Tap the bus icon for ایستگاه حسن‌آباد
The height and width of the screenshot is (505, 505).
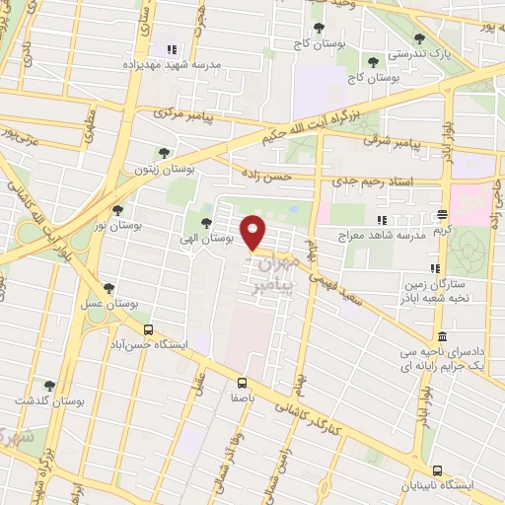point(148,330)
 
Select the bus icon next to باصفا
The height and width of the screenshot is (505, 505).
point(242,383)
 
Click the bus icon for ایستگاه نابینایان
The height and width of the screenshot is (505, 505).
point(437,469)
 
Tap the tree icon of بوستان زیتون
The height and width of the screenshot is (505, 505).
point(164,153)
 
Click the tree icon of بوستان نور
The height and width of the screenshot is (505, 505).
point(118,209)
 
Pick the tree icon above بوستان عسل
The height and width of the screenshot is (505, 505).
point(108,288)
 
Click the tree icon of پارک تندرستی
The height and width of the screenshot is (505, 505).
point(420,38)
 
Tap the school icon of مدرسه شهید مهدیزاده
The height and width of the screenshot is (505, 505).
point(171,49)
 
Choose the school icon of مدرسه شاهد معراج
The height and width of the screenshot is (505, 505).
point(383,219)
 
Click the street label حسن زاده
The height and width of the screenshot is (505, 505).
point(262,176)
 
